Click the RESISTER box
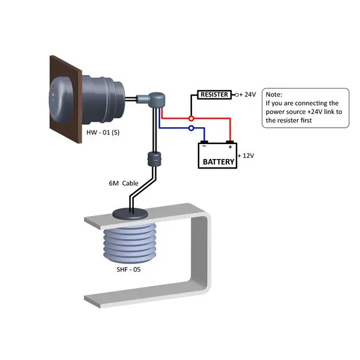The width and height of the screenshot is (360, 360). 214,95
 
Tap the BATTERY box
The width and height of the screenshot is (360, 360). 218,160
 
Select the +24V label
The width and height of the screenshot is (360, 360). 248,95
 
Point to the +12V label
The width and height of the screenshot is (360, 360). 247,156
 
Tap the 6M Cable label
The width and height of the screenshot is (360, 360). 122,183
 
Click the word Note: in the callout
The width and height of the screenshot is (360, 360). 274,95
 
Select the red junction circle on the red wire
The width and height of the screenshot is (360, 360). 191,118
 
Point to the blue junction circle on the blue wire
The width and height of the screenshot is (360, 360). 191,128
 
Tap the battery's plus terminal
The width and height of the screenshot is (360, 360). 230,144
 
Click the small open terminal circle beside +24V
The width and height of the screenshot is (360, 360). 237,95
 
